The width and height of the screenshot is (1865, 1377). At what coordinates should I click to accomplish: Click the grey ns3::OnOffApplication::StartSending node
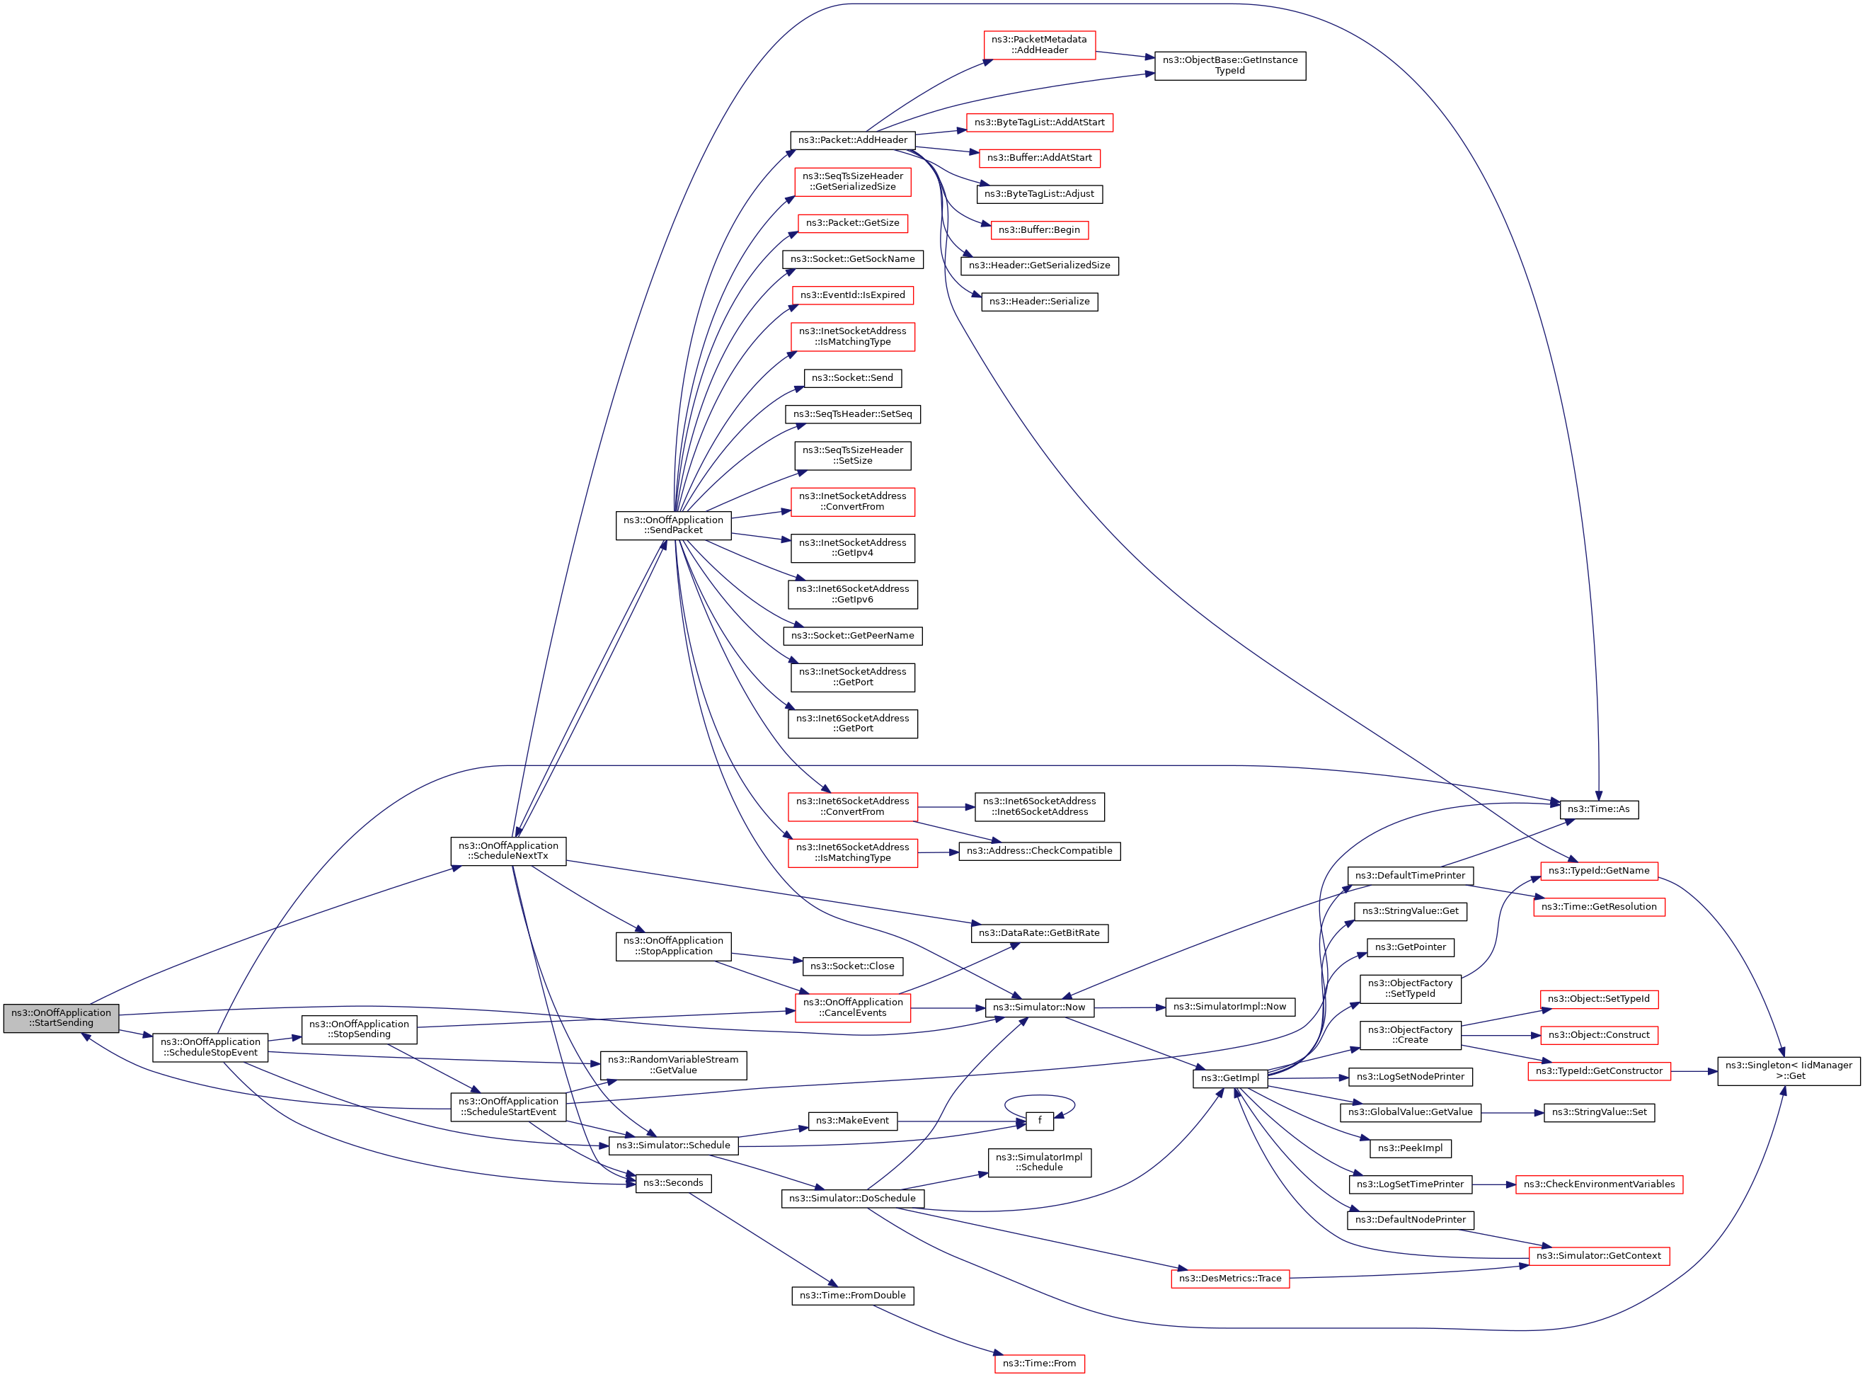61,1018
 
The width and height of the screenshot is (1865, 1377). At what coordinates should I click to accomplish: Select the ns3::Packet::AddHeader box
852,140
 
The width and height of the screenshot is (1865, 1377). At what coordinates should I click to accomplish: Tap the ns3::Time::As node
1597,809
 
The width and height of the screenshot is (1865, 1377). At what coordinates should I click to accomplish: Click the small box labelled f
1039,1121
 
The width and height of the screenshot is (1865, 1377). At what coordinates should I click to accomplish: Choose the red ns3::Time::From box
1039,1364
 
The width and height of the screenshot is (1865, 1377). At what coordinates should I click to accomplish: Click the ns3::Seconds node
672,1183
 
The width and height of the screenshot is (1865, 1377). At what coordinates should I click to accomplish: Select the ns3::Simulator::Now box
1039,1007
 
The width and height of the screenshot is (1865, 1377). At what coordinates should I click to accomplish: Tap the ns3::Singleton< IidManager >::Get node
1789,1070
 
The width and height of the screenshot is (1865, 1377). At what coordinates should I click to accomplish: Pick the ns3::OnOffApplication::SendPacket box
673,525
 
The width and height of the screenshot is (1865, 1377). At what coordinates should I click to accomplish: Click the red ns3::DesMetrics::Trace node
1230,1279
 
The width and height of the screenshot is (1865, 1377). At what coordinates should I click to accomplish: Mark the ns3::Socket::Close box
852,966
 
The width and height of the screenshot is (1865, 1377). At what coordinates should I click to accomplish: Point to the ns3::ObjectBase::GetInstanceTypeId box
1230,65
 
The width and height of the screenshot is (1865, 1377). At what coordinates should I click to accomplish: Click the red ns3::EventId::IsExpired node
852,295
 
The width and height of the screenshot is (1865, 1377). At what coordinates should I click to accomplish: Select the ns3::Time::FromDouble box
852,1296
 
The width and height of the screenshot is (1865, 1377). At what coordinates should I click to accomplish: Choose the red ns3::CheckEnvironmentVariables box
1598,1184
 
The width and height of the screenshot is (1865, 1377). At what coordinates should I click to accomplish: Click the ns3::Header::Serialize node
1039,302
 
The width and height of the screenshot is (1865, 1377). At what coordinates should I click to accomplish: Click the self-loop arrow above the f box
1039,1097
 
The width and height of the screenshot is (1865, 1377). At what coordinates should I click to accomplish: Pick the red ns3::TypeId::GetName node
1598,871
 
